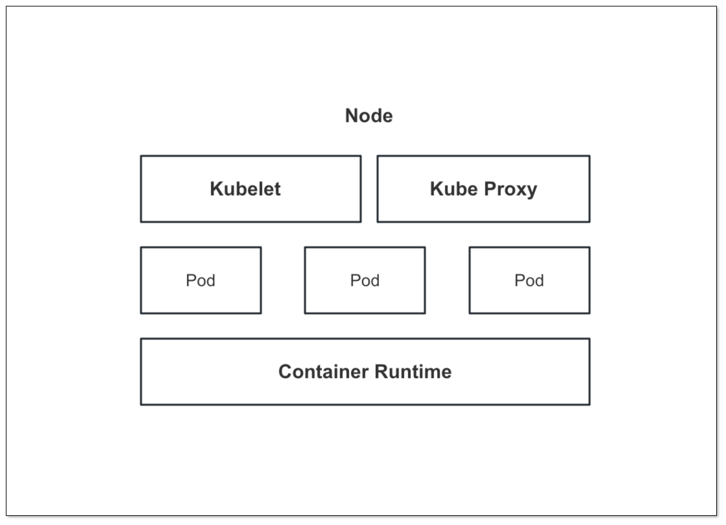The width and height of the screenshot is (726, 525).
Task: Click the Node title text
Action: point(369,116)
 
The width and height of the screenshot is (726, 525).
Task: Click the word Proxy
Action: point(510,189)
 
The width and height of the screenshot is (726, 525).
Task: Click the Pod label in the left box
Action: point(201,280)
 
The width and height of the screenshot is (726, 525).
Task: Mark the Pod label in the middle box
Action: point(365,280)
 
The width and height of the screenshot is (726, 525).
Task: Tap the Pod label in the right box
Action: point(529,280)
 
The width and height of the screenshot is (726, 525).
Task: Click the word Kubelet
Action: point(245,189)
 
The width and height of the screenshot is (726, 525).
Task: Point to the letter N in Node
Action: point(352,116)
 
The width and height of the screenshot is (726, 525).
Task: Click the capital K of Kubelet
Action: point(217,189)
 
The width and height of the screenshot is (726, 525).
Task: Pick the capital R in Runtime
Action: point(381,371)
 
